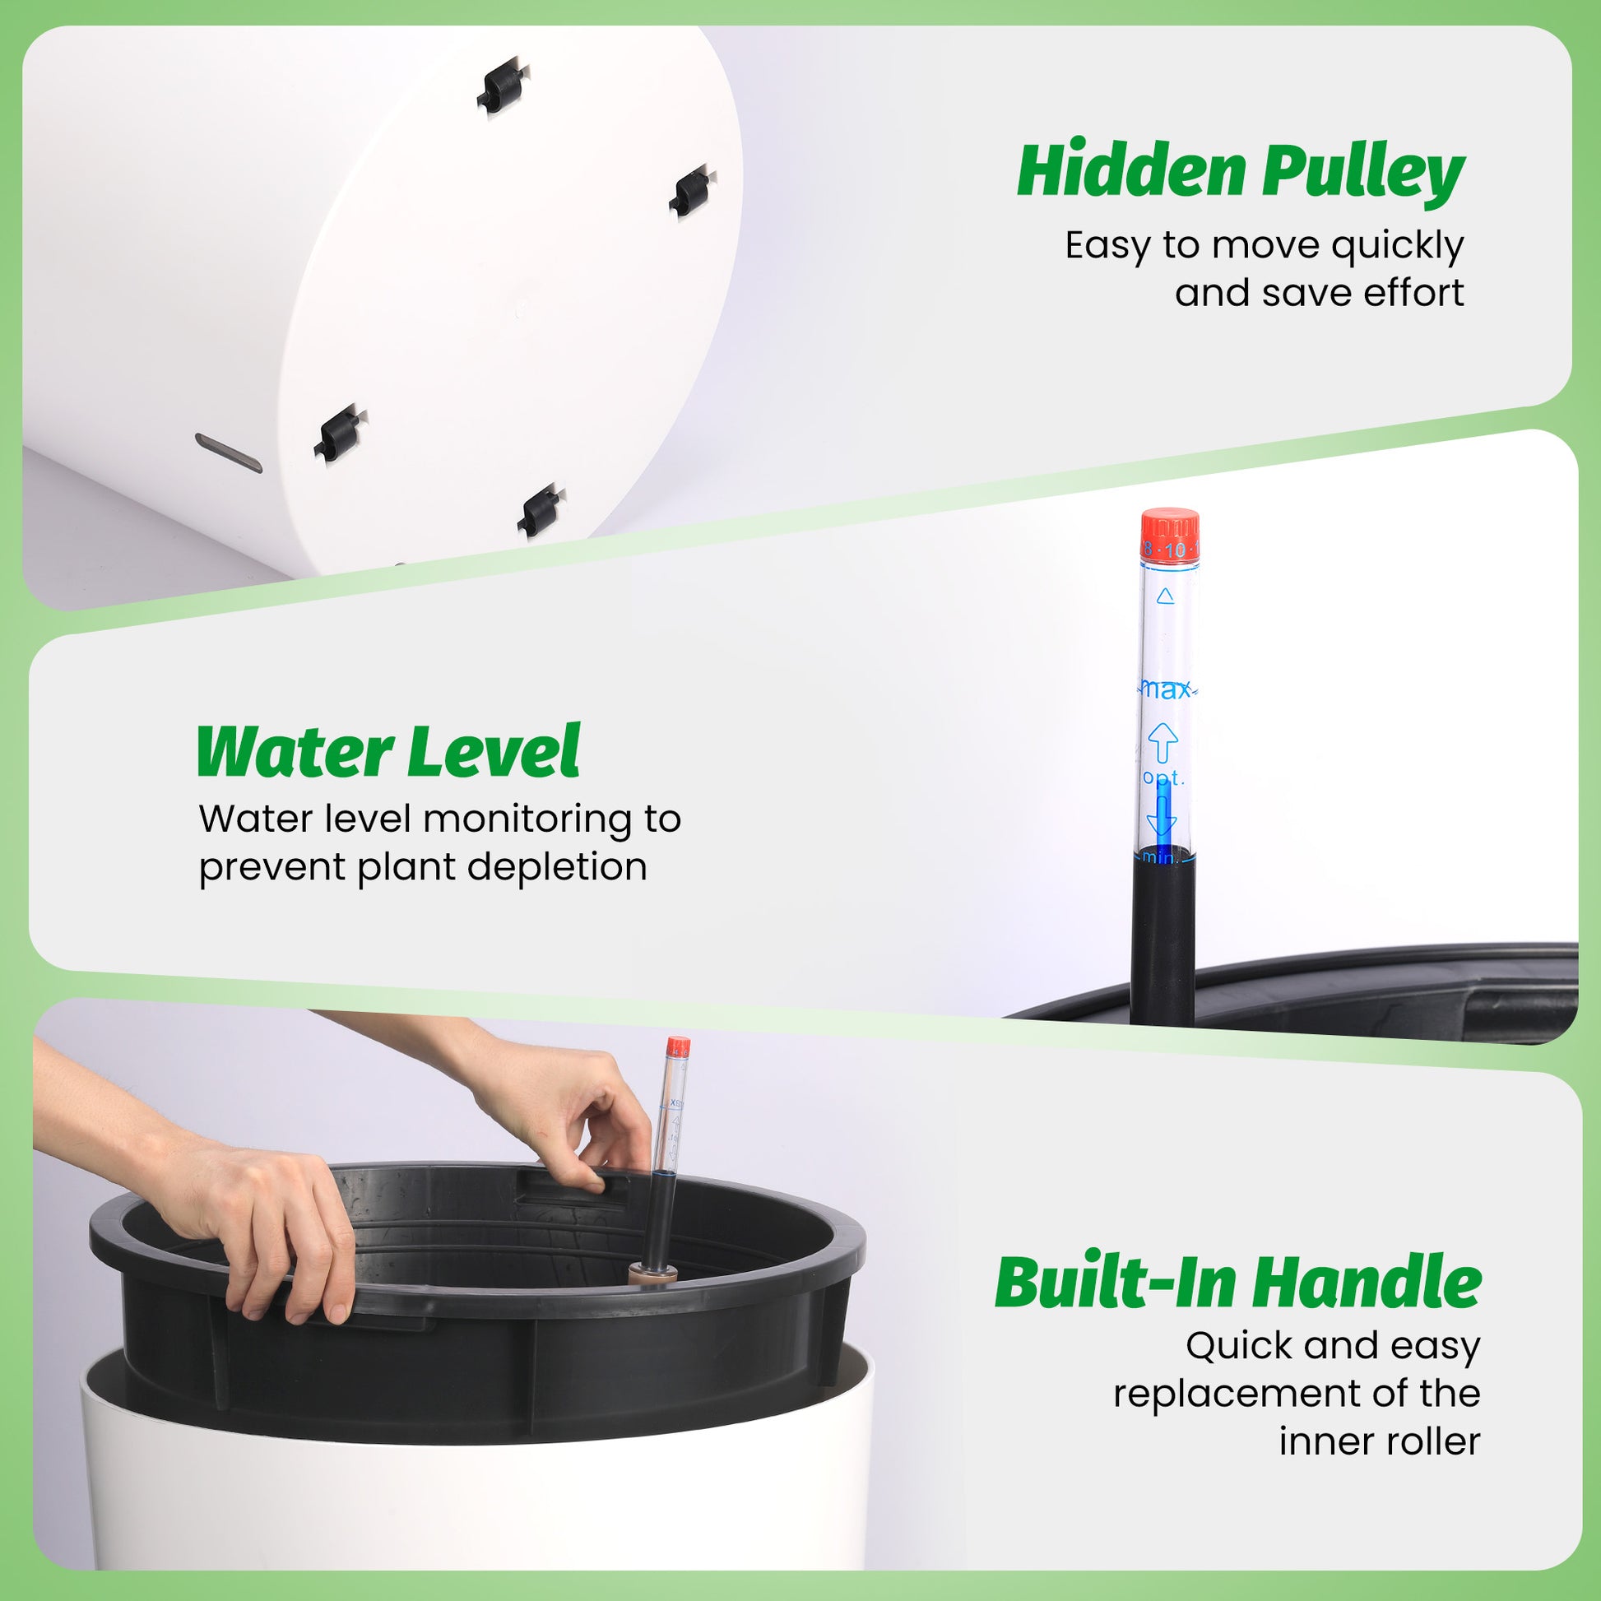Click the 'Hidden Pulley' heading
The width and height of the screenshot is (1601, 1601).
click(x=1241, y=171)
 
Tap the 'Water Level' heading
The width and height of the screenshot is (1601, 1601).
click(x=387, y=752)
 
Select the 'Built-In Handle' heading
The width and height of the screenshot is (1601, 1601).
click(x=1237, y=1283)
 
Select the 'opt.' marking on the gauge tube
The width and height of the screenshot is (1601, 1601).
click(x=1163, y=777)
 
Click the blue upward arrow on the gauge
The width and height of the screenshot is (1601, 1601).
click(x=1162, y=740)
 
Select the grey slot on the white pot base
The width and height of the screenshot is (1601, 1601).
click(x=229, y=452)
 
